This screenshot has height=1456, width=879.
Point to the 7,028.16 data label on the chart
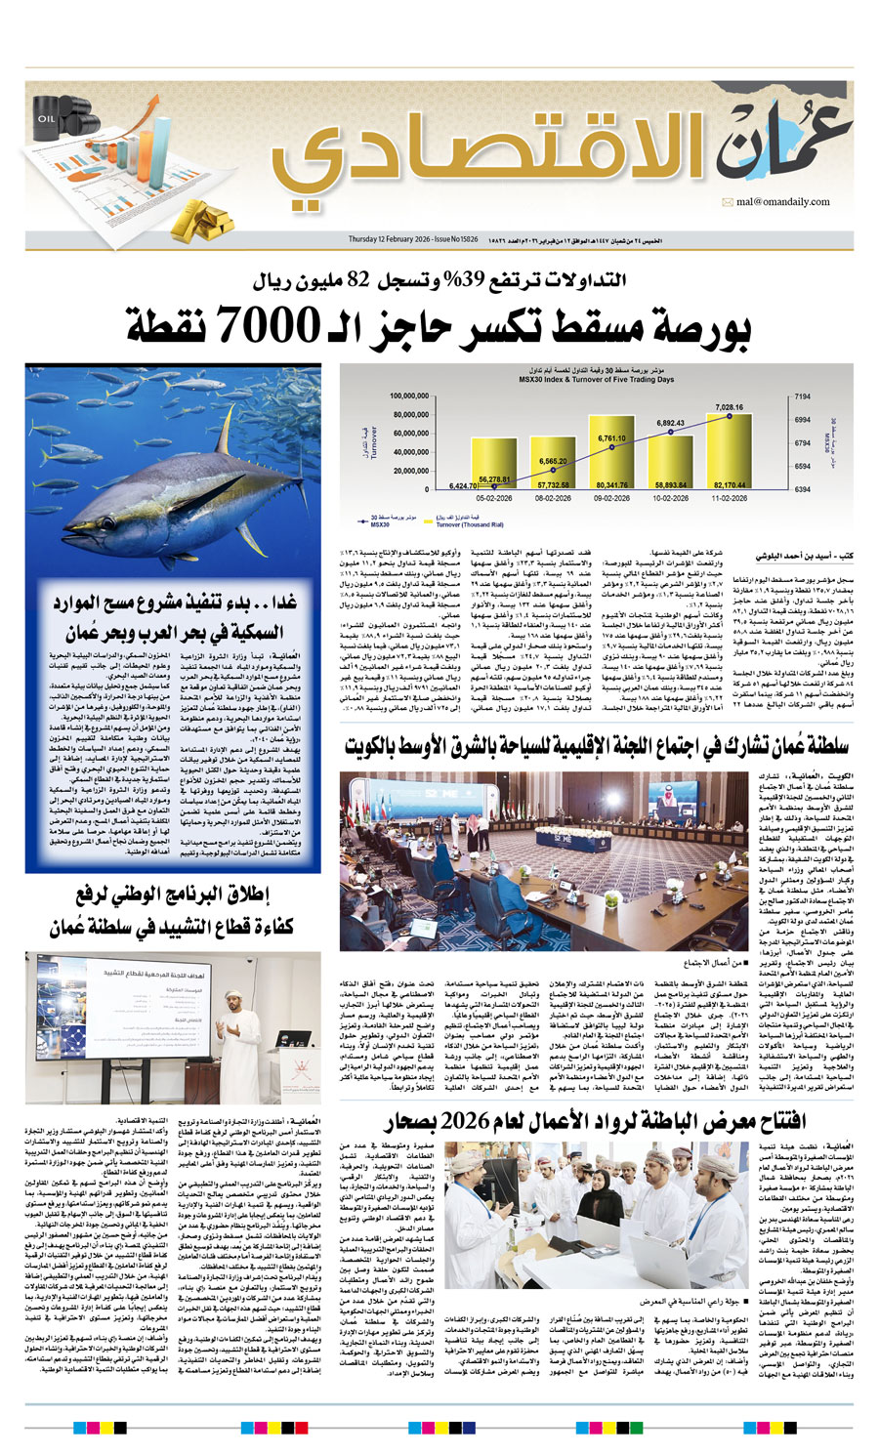(729, 407)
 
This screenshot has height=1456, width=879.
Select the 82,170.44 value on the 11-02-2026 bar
(729, 484)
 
